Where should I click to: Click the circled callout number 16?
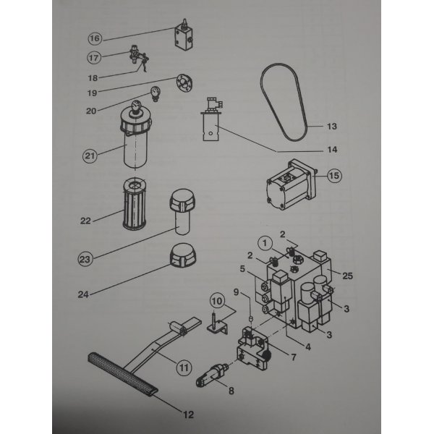click(95, 38)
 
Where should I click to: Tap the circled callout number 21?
click(90, 156)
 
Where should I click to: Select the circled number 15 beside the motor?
click(334, 176)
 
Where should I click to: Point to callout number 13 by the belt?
click(332, 127)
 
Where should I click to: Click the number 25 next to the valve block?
click(348, 276)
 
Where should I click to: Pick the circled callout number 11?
click(184, 368)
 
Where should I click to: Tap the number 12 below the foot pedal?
click(188, 414)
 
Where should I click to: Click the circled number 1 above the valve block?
click(265, 243)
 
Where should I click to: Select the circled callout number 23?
click(85, 260)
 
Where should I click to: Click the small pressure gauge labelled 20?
click(155, 93)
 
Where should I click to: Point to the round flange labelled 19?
click(184, 82)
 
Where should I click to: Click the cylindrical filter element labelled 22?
click(135, 204)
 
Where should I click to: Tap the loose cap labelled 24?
click(182, 255)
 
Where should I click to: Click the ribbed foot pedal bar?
click(123, 373)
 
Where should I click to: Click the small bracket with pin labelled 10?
click(217, 324)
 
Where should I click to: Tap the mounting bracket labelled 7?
click(252, 349)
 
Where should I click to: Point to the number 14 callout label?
click(332, 150)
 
